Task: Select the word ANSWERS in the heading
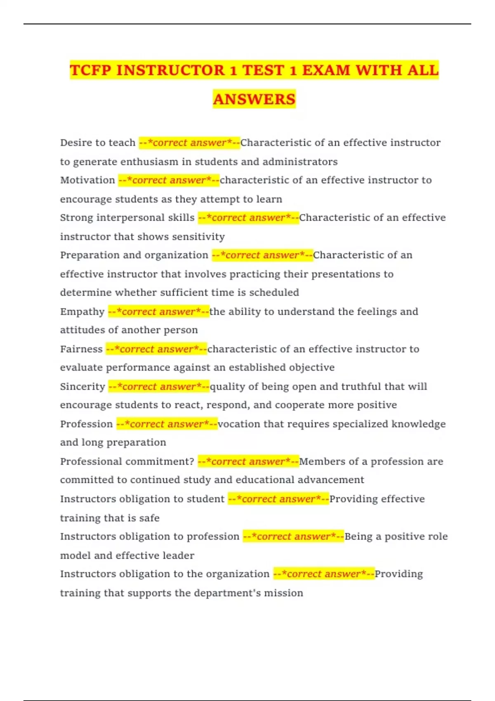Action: [x=254, y=99]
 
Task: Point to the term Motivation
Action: [x=87, y=180]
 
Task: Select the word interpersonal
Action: [x=130, y=218]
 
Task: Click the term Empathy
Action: [x=82, y=312]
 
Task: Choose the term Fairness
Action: [x=81, y=349]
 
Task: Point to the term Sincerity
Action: [x=82, y=387]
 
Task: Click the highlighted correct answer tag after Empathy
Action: [x=158, y=312]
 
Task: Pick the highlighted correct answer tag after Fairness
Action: [x=156, y=349]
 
